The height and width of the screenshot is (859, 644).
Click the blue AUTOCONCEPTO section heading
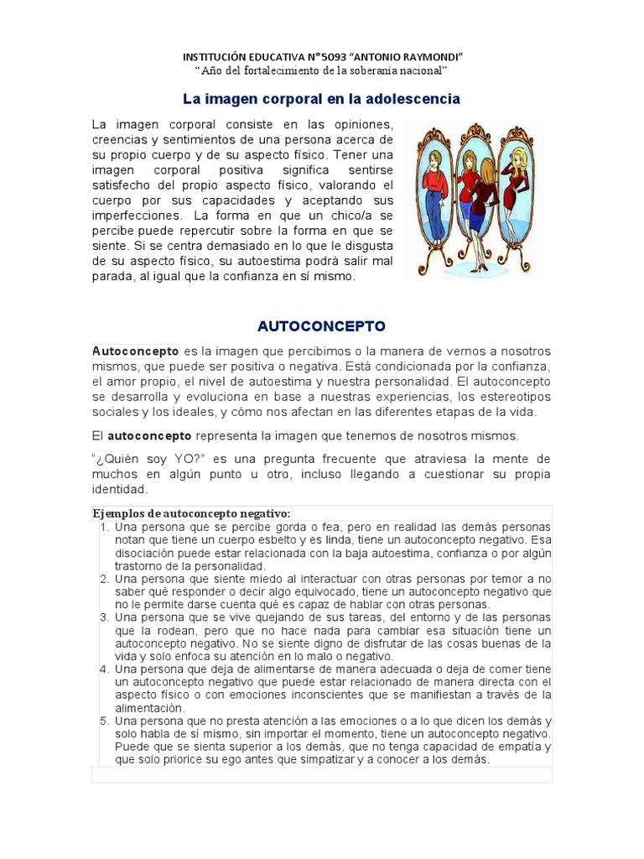pos(321,325)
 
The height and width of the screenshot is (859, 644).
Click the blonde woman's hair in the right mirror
pos(520,156)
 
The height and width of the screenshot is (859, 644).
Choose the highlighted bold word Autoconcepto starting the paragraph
pos(135,351)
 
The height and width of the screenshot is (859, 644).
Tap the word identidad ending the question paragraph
pos(120,489)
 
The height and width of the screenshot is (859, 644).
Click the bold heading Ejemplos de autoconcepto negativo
pos(191,513)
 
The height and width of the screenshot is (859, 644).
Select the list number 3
pos(105,617)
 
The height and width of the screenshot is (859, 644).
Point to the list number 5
pos(105,721)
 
